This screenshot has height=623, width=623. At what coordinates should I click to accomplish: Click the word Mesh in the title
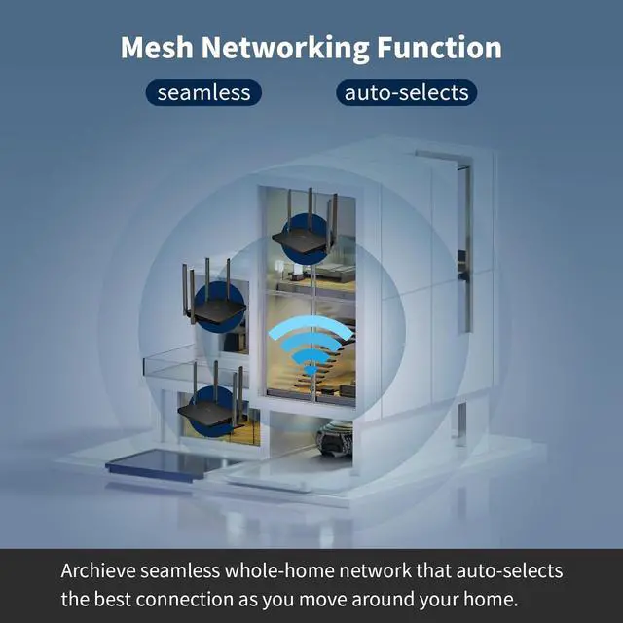pos(159,48)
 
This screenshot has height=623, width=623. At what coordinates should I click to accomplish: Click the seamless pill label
pos(203,93)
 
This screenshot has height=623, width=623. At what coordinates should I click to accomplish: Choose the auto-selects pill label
pos(407,93)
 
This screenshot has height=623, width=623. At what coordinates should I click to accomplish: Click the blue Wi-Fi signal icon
pos(310,346)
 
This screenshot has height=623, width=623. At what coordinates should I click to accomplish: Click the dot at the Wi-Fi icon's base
pos(310,371)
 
